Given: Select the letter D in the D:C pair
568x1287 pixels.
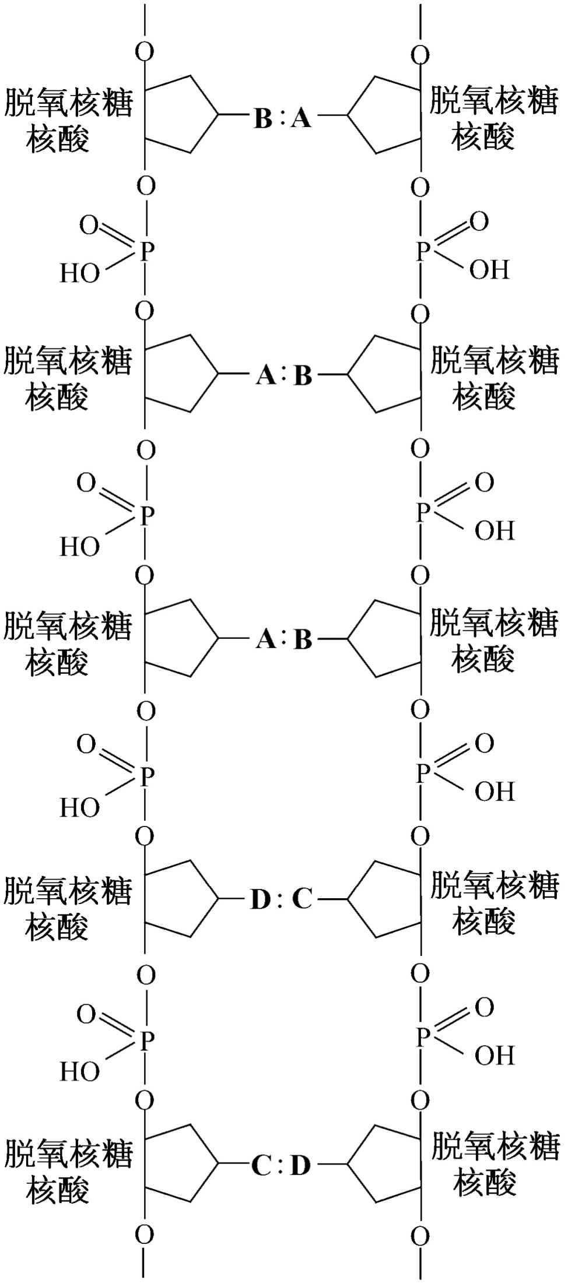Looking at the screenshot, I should tap(261, 899).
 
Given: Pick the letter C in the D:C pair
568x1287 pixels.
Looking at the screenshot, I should tap(302, 899).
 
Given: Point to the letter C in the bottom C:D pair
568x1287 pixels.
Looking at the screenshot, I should tap(261, 1165).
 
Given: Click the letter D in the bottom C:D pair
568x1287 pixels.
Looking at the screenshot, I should tap(300, 1165).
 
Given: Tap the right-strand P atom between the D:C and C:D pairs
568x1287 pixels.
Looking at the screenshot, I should tap(422, 1036).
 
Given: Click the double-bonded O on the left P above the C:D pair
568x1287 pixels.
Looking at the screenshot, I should tap(87, 1015).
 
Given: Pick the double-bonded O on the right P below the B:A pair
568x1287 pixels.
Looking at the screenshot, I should tap(479, 222).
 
